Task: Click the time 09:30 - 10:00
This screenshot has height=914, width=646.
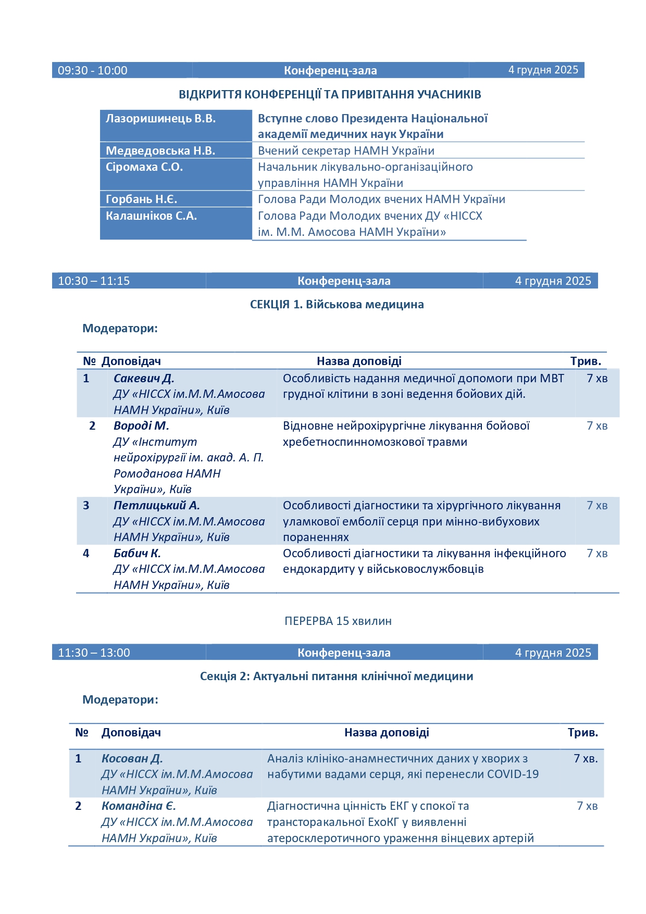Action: point(92,70)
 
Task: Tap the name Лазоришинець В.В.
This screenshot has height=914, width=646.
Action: point(160,119)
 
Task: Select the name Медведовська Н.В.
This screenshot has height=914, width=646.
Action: point(160,151)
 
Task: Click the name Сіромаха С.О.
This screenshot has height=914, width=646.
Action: point(144,167)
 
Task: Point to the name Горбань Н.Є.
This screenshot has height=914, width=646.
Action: point(141,199)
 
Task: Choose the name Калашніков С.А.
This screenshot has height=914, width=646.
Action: point(151,216)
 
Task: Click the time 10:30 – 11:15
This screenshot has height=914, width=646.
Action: point(94,281)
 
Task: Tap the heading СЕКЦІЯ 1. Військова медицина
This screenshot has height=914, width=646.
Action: point(337,305)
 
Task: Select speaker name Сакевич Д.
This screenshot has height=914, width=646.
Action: point(144,379)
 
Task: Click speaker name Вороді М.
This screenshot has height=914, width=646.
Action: point(141,426)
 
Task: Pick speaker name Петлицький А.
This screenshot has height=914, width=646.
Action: point(157,506)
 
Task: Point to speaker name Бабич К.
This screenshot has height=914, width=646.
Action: point(137,554)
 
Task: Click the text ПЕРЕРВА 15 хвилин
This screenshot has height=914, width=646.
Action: point(338,621)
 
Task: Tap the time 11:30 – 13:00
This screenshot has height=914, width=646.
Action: point(94,653)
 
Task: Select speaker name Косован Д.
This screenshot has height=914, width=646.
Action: point(132,759)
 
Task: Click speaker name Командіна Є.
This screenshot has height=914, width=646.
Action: point(139,806)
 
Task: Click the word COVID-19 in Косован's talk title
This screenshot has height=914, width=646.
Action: point(513,774)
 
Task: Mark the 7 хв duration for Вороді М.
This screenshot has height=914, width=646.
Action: point(597,426)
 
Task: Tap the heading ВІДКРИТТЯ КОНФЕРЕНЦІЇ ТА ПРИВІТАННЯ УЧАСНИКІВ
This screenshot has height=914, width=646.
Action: point(330,95)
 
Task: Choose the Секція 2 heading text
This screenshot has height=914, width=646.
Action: point(337,677)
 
